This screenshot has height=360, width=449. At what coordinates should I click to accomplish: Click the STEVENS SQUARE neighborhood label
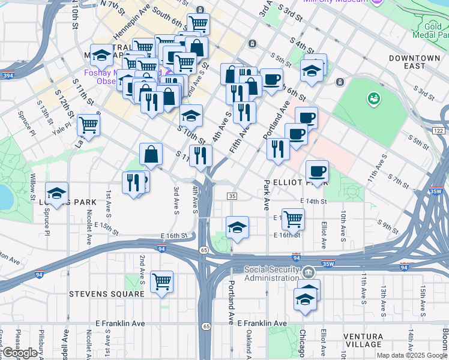(106, 294)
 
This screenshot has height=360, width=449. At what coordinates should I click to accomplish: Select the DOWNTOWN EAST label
(414, 62)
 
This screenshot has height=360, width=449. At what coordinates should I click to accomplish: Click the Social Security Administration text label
(271, 274)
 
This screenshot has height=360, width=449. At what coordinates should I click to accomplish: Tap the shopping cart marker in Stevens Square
(161, 280)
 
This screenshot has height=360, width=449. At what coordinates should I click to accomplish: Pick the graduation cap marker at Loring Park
(56, 193)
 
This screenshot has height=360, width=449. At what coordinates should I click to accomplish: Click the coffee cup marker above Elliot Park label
(317, 171)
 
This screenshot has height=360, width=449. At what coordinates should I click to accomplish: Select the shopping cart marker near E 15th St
(292, 218)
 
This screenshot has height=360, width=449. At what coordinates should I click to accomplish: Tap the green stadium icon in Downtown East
(373, 97)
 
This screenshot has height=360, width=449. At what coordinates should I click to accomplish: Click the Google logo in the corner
(20, 353)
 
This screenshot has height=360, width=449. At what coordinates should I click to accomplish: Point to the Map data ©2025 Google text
(412, 355)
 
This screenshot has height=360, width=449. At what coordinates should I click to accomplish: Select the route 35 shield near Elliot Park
(232, 196)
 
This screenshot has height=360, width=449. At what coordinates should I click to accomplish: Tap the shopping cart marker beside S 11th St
(88, 125)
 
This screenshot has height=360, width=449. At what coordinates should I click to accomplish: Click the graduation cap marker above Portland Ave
(237, 227)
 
